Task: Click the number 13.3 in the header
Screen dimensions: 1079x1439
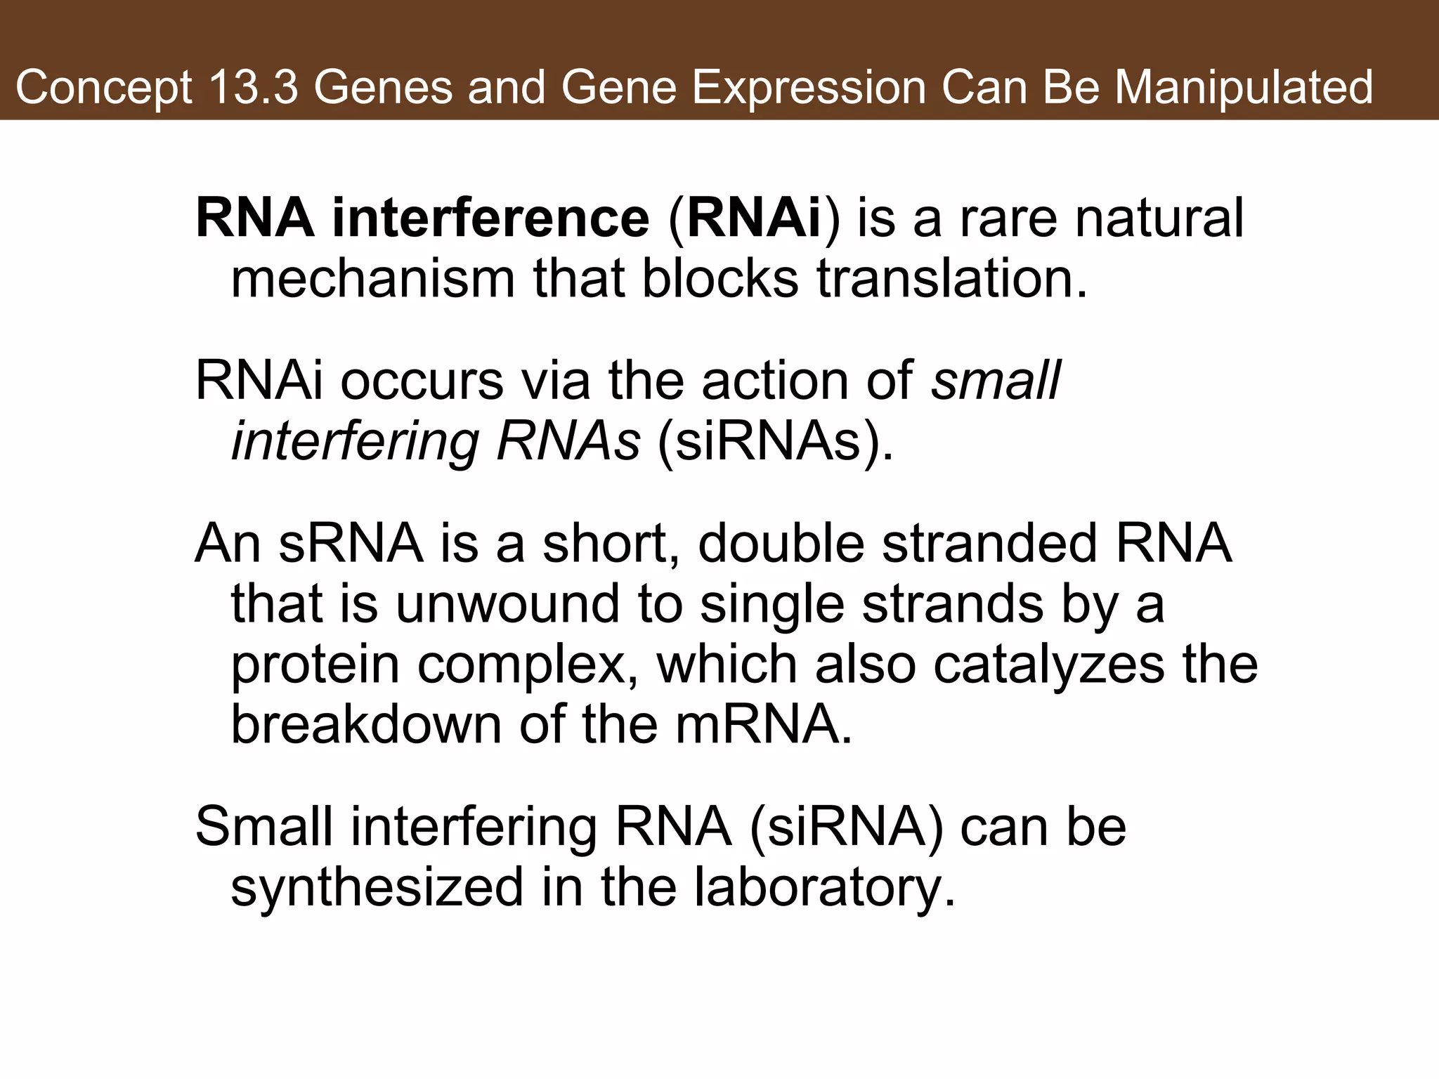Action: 253,87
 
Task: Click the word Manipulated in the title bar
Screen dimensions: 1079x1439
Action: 1243,87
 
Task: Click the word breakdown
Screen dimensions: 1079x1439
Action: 366,724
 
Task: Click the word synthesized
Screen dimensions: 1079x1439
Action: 377,887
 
